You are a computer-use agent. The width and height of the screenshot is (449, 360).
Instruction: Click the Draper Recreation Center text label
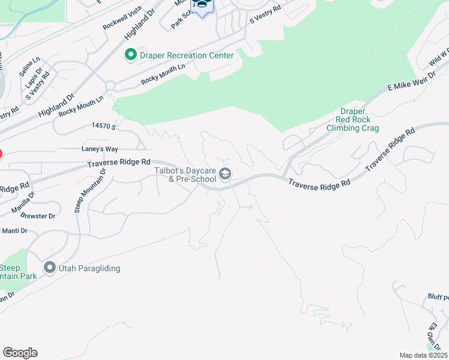click(186, 55)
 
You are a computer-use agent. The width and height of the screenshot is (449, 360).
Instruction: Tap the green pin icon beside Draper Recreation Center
click(130, 55)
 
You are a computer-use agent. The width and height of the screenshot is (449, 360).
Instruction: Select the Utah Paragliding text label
click(89, 268)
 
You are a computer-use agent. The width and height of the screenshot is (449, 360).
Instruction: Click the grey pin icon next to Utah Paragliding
click(49, 268)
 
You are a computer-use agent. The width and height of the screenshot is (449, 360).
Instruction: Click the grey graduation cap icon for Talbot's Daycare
click(226, 175)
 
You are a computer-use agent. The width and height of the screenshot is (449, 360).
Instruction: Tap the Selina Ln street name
click(29, 67)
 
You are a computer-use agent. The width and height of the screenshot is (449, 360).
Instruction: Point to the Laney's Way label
click(98, 149)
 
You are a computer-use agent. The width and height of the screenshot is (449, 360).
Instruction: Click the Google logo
click(20, 353)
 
